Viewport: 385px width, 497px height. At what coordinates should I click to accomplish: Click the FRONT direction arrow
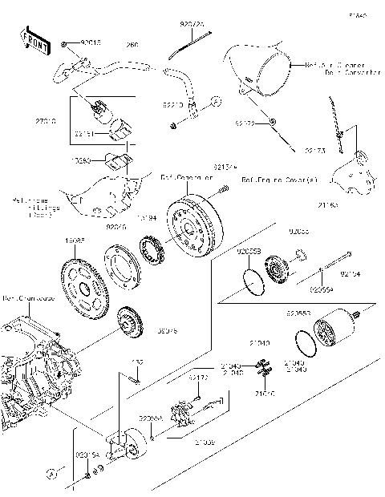point(33,42)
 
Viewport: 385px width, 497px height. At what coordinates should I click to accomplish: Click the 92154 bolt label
point(350,274)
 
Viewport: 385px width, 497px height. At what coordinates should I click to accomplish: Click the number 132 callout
point(137,362)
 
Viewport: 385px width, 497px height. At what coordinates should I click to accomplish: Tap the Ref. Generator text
point(180,176)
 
